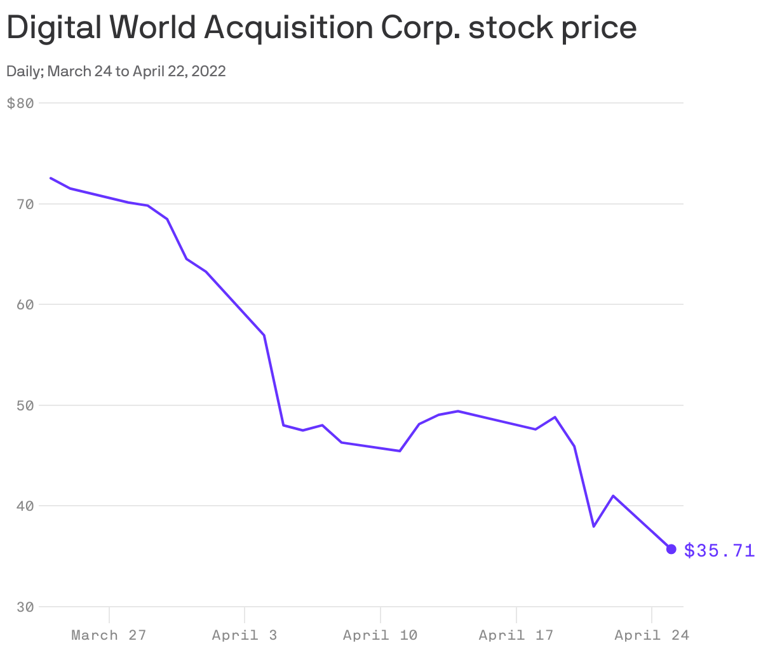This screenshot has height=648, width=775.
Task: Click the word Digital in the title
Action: click(x=53, y=28)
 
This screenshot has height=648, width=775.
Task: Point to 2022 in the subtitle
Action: click(x=208, y=71)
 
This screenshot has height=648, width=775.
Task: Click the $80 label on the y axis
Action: click(x=20, y=103)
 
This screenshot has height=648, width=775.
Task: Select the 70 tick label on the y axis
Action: click(x=24, y=204)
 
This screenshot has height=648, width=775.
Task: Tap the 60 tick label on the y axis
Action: click(x=24, y=304)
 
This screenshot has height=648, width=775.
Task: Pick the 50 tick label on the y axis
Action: click(x=24, y=405)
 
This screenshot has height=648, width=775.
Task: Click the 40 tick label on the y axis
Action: click(x=24, y=506)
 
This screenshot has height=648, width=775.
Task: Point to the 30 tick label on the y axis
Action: click(x=24, y=607)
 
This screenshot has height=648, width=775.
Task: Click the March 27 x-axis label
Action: click(x=109, y=635)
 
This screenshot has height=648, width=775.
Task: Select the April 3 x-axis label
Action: click(x=245, y=635)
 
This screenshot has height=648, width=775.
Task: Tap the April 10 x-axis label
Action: click(x=380, y=635)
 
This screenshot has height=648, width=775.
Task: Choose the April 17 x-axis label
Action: click(x=516, y=635)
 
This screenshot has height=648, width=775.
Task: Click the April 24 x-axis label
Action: click(x=651, y=635)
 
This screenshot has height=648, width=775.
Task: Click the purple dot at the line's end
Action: click(x=671, y=549)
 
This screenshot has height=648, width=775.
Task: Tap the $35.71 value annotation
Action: click(x=720, y=550)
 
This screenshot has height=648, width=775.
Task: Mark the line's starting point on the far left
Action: click(x=51, y=178)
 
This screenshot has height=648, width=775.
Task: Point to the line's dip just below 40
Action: click(x=593, y=527)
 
